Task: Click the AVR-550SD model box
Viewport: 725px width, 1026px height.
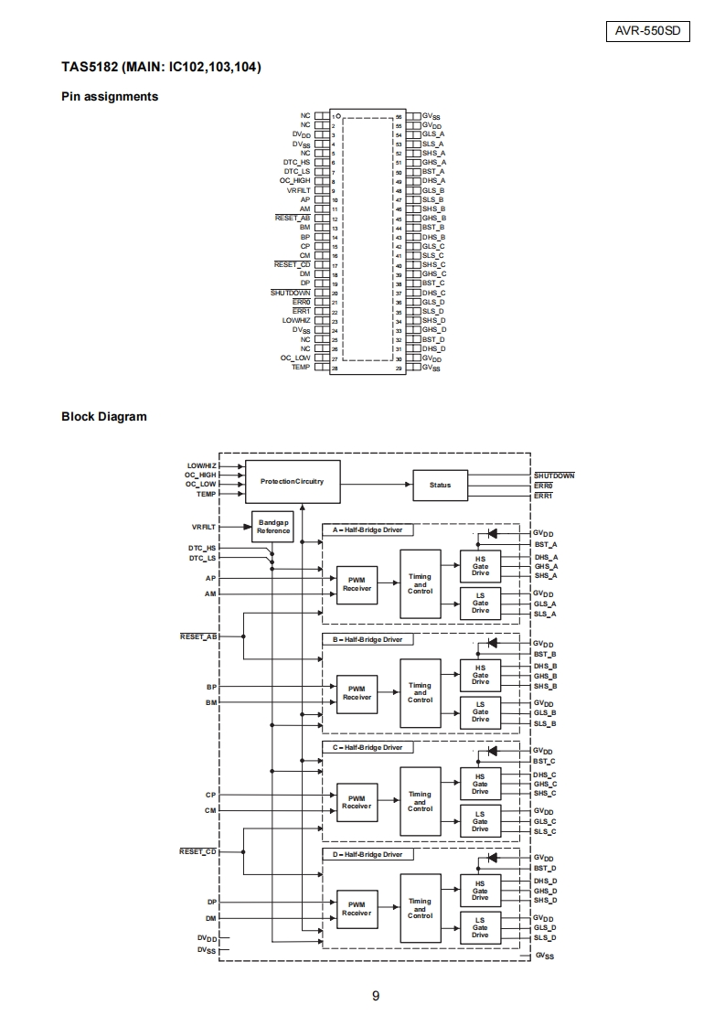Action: click(x=647, y=31)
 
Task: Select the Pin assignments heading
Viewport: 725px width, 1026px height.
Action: click(x=110, y=97)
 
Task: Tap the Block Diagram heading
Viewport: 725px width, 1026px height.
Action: click(x=104, y=417)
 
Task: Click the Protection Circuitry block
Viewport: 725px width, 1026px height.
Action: click(x=293, y=482)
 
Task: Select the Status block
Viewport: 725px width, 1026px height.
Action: click(x=441, y=485)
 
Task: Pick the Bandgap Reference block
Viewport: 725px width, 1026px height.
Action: click(x=273, y=527)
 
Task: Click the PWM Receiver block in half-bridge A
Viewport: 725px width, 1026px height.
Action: click(x=357, y=584)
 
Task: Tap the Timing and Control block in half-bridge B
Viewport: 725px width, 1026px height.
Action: click(x=420, y=693)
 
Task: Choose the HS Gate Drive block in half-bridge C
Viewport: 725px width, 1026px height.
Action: click(x=480, y=784)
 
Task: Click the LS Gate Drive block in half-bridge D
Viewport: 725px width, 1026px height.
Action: click(x=480, y=928)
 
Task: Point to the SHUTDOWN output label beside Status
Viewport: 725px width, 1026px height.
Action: click(x=554, y=476)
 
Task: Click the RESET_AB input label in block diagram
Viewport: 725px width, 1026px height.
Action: click(x=199, y=636)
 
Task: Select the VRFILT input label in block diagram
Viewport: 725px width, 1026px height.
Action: click(x=204, y=527)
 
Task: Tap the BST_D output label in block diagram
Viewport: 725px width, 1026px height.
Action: click(x=545, y=869)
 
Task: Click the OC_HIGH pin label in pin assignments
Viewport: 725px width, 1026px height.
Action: click(x=295, y=180)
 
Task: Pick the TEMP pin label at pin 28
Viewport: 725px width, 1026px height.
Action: click(x=301, y=367)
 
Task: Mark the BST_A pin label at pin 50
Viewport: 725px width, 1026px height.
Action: click(x=433, y=171)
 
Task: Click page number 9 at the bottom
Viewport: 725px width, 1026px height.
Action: click(x=376, y=996)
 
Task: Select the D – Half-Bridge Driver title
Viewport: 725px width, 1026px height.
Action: click(x=368, y=855)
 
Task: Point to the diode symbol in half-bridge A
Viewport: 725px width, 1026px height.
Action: click(x=492, y=534)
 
